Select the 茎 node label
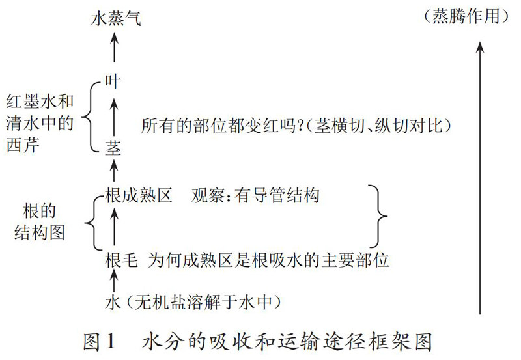(x=113, y=148)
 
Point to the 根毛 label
(x=121, y=261)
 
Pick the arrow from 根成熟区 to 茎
(x=114, y=171)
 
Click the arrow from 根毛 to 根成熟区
(x=114, y=228)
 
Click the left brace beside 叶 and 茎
(x=96, y=115)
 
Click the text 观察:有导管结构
(x=256, y=195)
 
